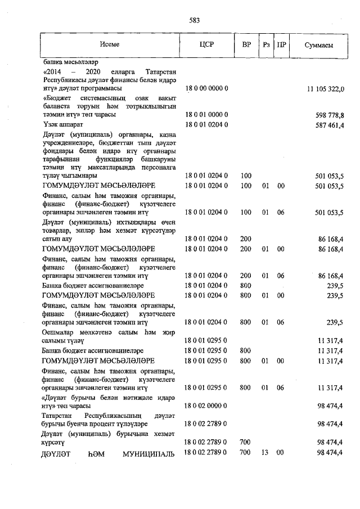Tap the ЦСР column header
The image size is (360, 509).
(206, 44)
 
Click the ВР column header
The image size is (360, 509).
(246, 44)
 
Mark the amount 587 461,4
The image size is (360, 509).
(330, 125)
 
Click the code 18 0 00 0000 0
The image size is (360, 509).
(206, 89)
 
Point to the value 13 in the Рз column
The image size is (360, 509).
(265, 453)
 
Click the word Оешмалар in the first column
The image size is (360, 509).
(58, 333)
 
